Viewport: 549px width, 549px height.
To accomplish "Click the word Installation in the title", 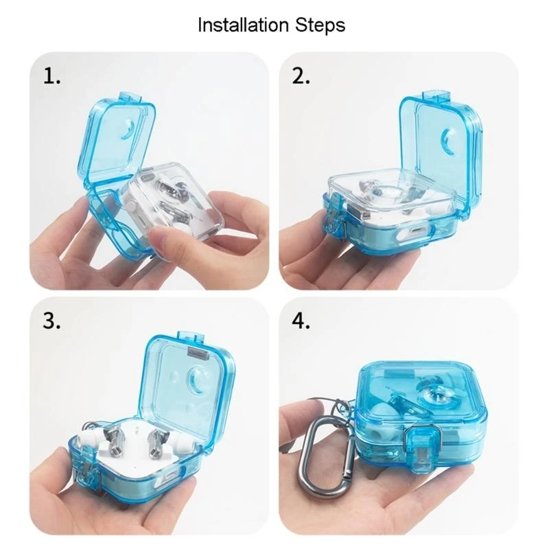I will tap(240, 25).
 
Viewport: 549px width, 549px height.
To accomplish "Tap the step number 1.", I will tap(52, 76).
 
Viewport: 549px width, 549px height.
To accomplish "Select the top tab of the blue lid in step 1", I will tap(132, 97).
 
